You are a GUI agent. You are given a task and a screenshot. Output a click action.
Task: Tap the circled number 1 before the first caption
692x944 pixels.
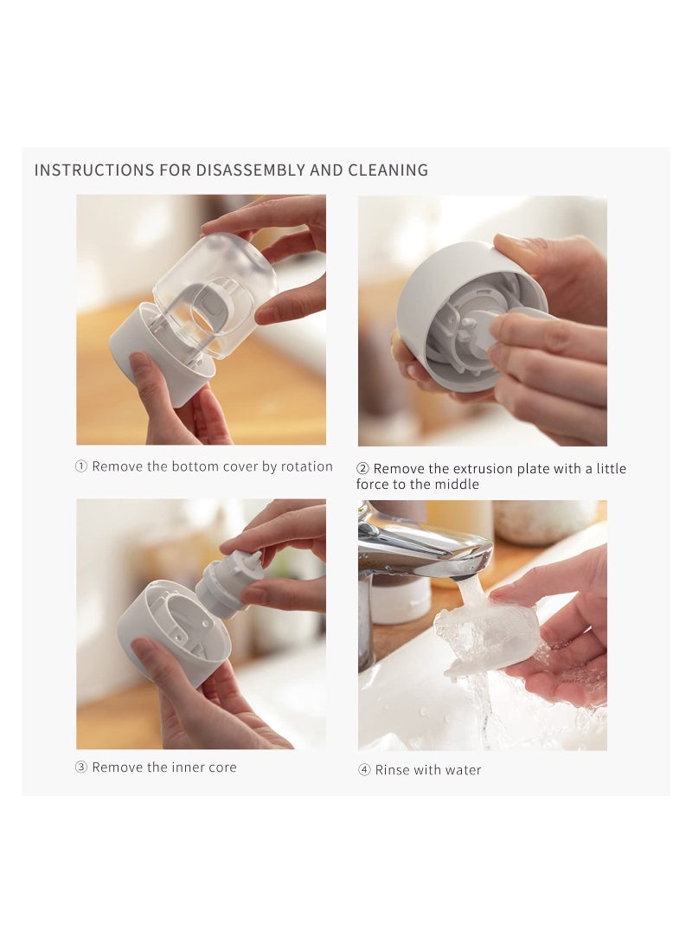click(81, 466)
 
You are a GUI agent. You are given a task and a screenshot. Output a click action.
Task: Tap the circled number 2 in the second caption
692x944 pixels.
click(363, 469)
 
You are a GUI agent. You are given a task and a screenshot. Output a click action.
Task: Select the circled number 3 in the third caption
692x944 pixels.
click(81, 767)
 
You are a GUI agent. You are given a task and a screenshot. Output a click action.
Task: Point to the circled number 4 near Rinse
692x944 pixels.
click(364, 770)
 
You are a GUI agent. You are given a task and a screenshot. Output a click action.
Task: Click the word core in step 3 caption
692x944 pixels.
click(222, 767)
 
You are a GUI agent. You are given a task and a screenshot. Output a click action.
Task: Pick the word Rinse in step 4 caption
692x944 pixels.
click(392, 770)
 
